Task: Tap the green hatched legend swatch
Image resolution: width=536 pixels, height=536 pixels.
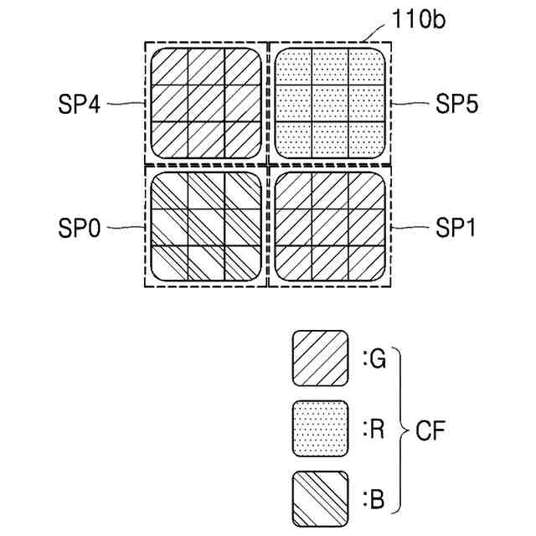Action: [320, 358]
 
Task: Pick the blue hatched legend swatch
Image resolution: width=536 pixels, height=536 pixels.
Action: [320, 501]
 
